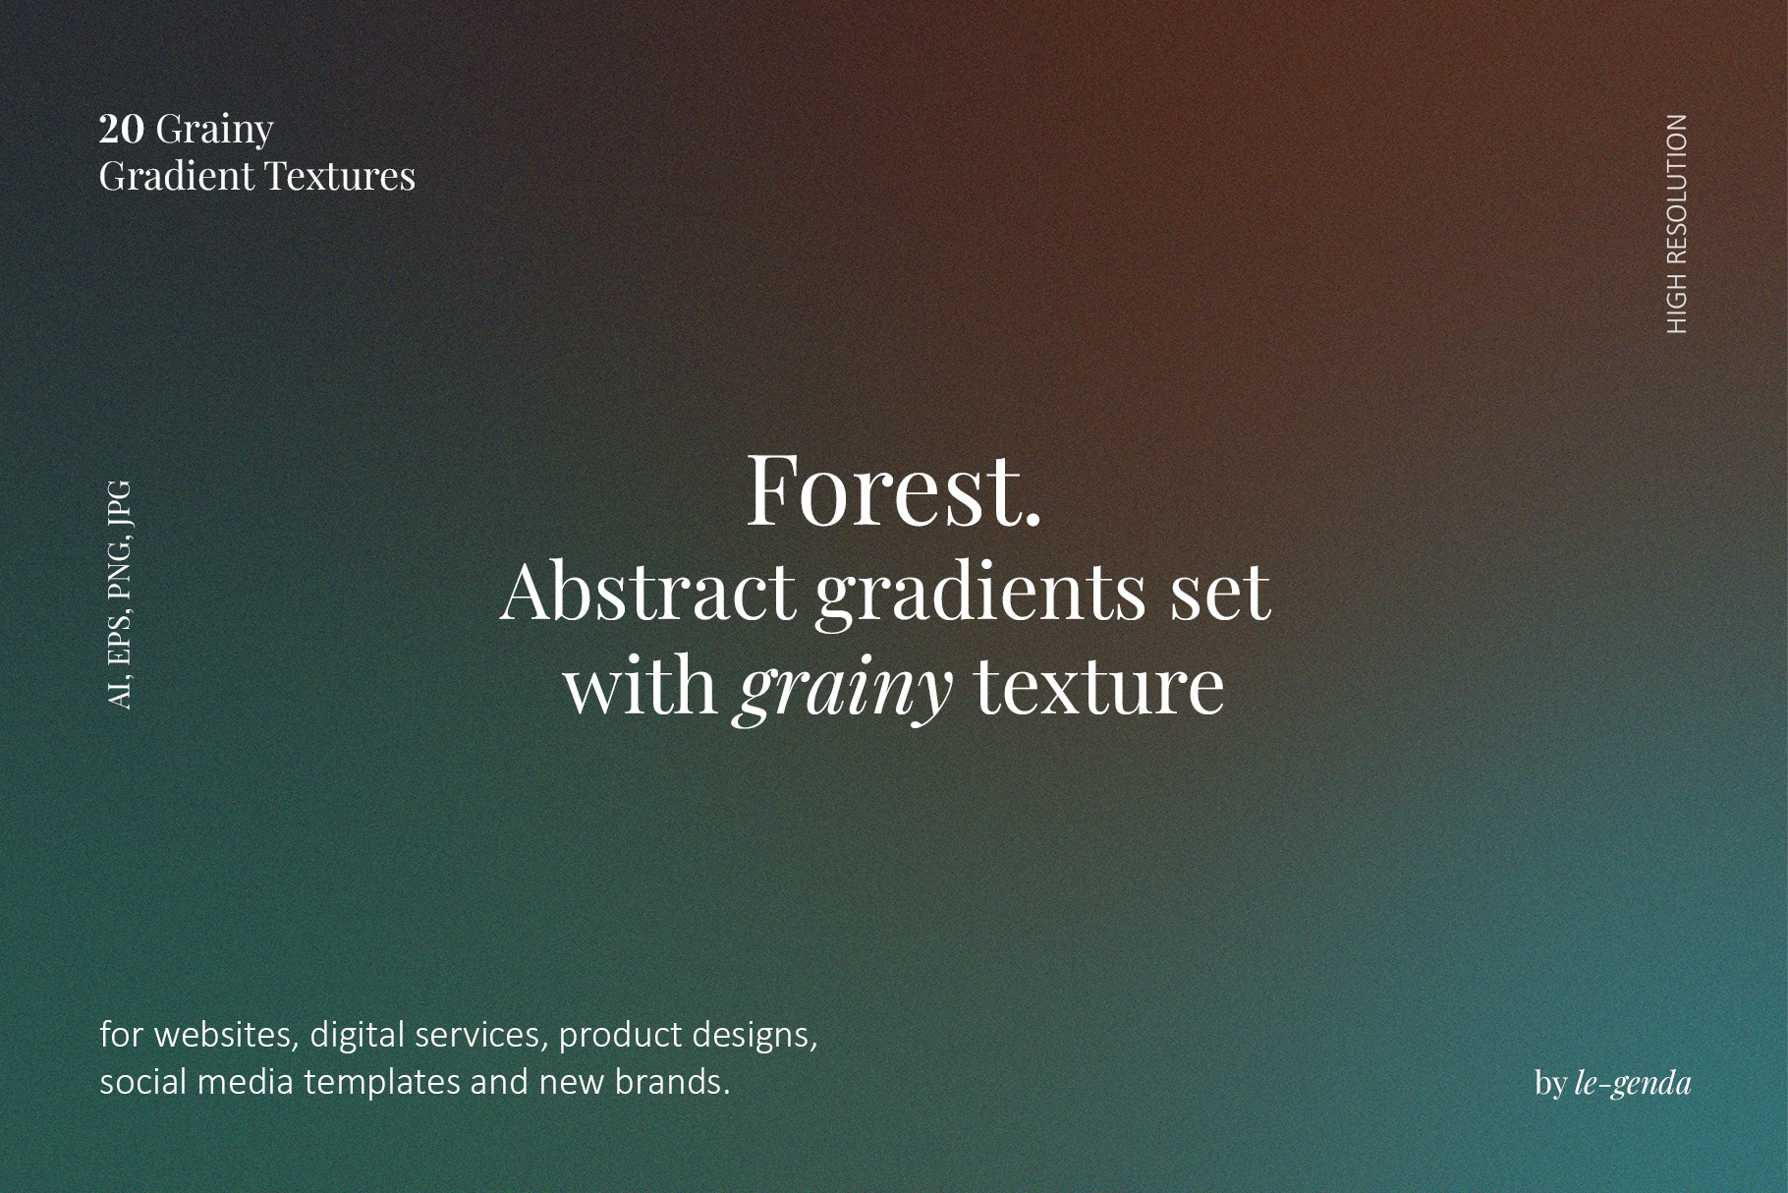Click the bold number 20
122,129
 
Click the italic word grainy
844,688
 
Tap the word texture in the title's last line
1099,686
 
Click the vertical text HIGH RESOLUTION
1677,224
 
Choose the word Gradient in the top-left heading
177,176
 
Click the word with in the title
641,685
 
